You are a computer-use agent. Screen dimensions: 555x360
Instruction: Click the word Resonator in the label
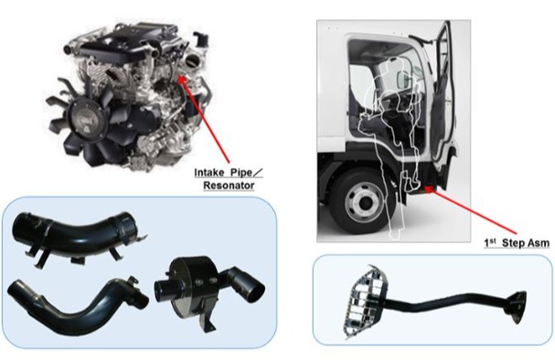[x=229, y=185]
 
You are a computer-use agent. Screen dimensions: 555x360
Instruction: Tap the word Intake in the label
[x=209, y=173]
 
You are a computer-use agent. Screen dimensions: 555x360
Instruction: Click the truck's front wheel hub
[x=364, y=203]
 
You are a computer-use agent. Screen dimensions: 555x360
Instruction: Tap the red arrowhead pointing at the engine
[x=181, y=79]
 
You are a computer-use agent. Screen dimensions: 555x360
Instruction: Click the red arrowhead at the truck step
[x=429, y=189]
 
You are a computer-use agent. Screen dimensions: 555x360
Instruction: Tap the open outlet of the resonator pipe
[x=255, y=292]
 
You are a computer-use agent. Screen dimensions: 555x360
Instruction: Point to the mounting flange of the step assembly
[x=518, y=306]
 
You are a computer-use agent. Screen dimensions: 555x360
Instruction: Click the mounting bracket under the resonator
[x=208, y=317]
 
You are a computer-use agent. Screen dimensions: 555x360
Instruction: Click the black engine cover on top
[x=123, y=46]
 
